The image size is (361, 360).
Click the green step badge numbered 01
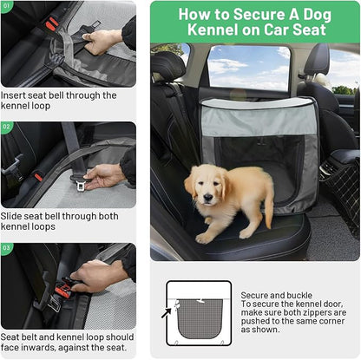click(x=8, y=5)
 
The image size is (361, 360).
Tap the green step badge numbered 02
click(x=8, y=127)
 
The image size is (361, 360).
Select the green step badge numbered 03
click(x=8, y=247)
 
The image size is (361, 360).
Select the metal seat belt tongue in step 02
click(x=81, y=184)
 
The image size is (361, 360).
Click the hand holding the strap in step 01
click(x=102, y=40)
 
